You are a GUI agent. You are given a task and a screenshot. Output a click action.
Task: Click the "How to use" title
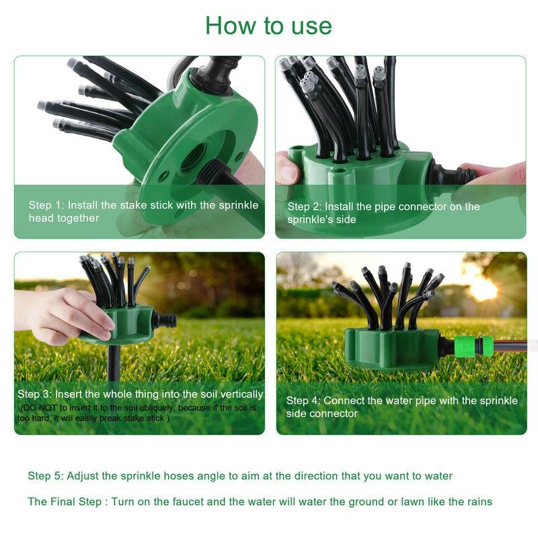point(268,26)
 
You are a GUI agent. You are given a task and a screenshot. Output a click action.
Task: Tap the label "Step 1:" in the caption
point(46,205)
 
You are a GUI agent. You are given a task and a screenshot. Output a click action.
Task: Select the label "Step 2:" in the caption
point(306,206)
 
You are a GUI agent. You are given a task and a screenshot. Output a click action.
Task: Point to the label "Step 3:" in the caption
point(35,394)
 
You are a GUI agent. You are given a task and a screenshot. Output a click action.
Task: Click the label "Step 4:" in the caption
point(303,400)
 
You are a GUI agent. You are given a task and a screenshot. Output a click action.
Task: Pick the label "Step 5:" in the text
point(45,476)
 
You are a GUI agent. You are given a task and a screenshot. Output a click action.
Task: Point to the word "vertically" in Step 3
point(239,394)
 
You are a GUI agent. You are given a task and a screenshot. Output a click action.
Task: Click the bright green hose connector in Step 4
point(473,346)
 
